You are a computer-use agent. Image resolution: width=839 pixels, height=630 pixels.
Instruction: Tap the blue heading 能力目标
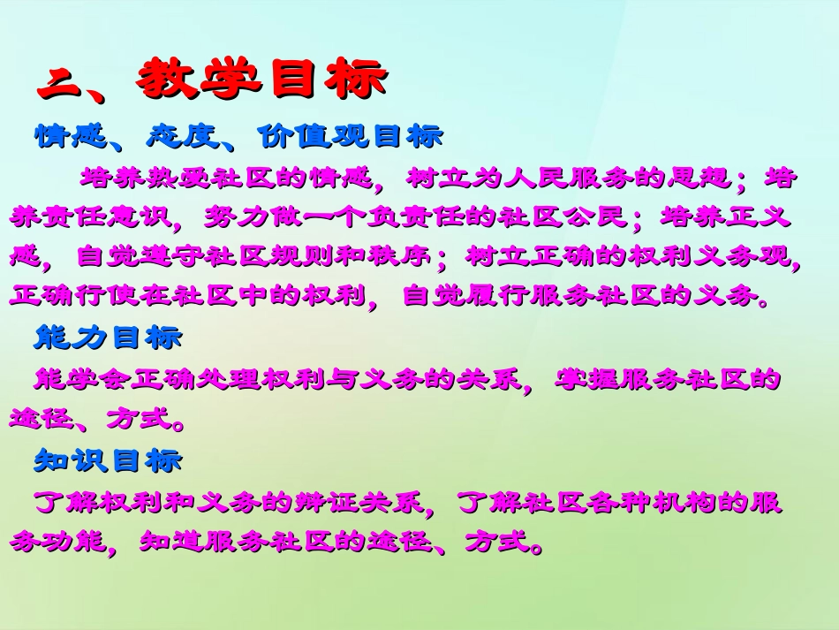(x=108, y=337)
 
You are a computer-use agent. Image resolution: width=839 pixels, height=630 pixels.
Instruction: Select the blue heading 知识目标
(x=108, y=460)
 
